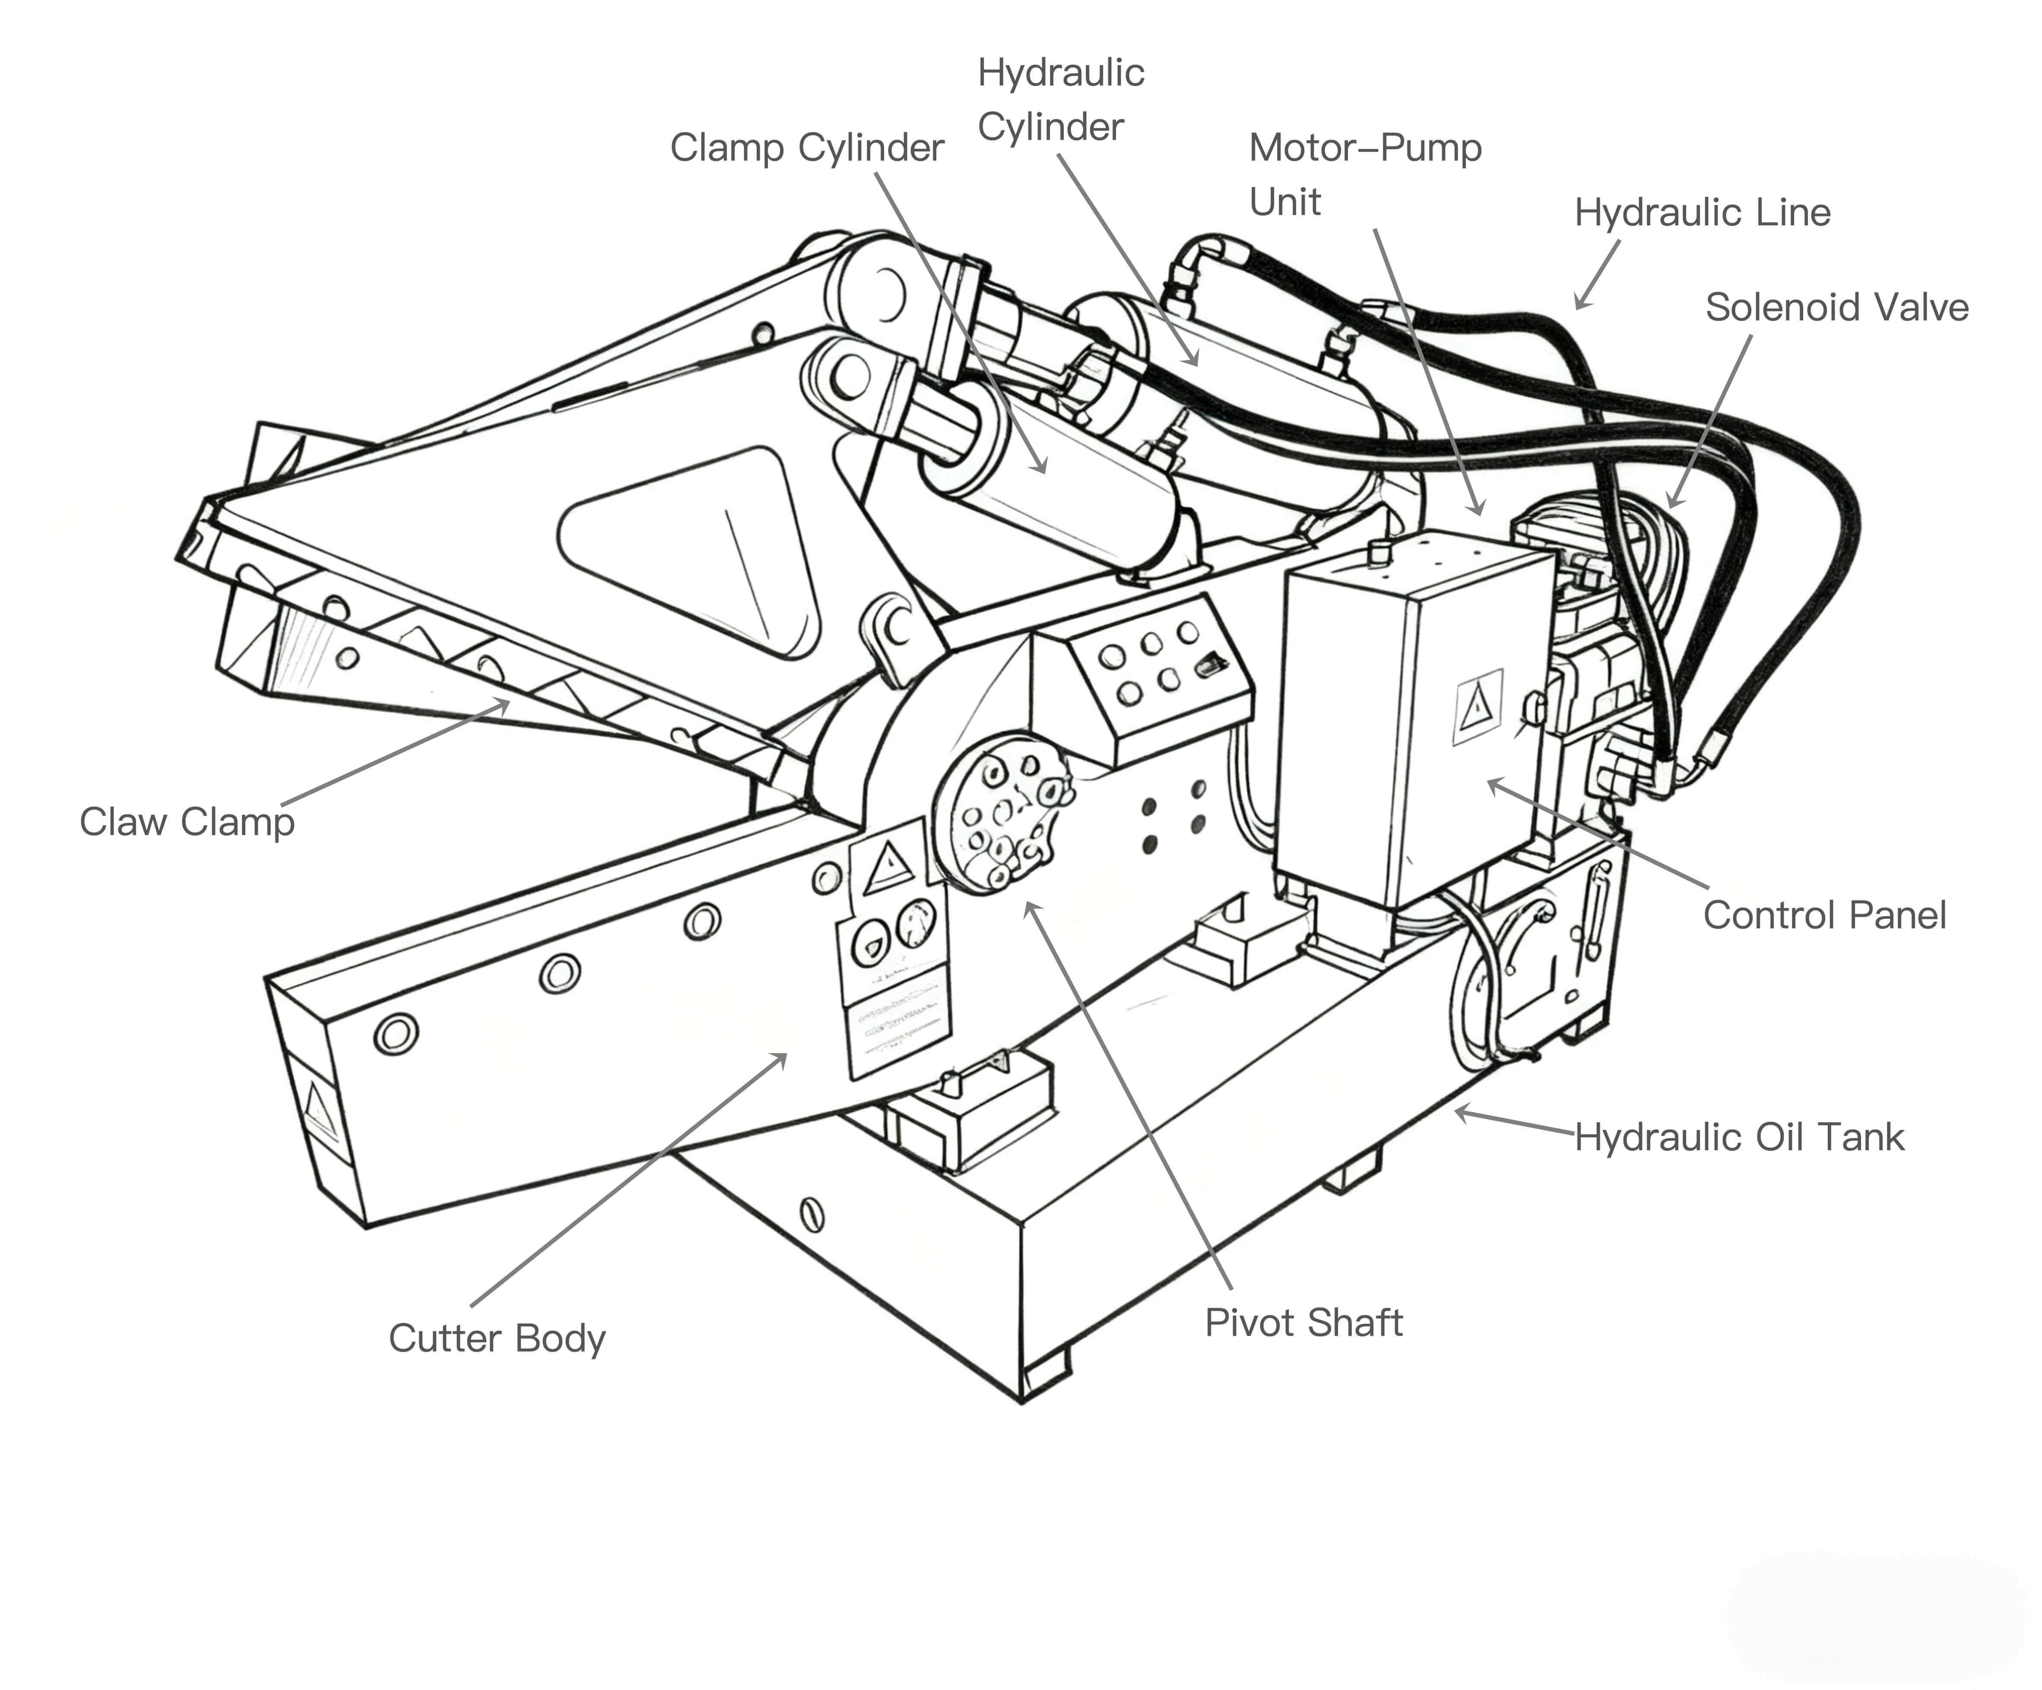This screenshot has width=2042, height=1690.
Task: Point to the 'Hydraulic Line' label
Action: tap(1702, 212)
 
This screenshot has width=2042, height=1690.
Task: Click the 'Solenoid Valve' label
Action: tap(1836, 307)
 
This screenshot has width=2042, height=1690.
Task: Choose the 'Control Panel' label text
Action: tap(1824, 915)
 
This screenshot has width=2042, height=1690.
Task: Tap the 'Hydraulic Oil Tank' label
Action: tap(1739, 1137)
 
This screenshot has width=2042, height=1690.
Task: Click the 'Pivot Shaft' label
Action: tap(1303, 1323)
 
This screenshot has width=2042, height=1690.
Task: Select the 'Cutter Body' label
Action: tap(497, 1338)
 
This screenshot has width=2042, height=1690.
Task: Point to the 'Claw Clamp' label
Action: tap(187, 822)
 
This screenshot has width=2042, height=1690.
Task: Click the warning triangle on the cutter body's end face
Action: tap(319, 1108)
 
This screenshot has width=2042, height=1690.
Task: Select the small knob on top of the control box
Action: tap(1377, 554)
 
